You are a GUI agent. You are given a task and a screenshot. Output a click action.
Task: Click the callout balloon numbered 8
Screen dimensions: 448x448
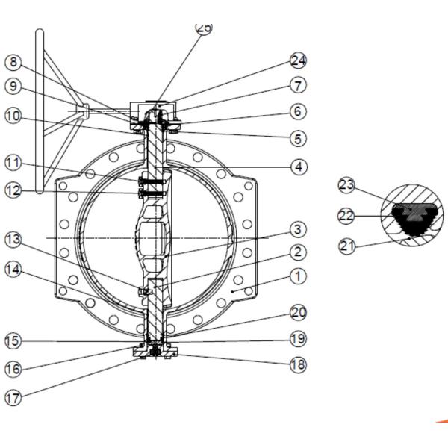[13, 62]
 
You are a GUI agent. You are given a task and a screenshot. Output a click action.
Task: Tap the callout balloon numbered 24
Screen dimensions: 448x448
[298, 60]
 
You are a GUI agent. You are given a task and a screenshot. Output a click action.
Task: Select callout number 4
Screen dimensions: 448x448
[299, 167]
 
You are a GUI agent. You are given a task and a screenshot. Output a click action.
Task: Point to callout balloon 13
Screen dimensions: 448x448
[13, 240]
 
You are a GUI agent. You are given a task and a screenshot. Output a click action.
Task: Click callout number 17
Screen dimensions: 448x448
[13, 397]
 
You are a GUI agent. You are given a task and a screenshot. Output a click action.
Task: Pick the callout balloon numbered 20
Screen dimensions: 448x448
[298, 313]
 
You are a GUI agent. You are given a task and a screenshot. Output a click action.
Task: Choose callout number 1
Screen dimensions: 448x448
[298, 276]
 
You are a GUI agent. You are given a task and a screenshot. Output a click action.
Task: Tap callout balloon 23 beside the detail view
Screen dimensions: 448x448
[346, 185]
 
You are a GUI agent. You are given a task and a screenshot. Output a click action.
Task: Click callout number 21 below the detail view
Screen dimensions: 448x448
[347, 246]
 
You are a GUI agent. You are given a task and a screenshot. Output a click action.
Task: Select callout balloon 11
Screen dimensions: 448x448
[13, 163]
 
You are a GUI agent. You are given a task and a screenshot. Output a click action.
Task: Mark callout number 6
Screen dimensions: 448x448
[298, 111]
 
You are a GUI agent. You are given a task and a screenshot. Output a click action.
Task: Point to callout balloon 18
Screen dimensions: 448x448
[298, 364]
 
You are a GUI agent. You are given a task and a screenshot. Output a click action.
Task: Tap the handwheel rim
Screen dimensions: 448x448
[40, 111]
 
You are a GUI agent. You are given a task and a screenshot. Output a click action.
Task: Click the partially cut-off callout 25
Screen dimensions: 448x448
[204, 28]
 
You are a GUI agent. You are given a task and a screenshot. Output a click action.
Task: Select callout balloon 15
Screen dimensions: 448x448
[13, 341]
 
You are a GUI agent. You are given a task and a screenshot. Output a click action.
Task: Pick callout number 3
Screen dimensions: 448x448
[298, 229]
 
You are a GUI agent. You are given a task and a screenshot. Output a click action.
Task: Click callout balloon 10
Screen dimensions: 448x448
[13, 116]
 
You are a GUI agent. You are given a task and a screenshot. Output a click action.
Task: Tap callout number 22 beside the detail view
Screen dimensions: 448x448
[346, 216]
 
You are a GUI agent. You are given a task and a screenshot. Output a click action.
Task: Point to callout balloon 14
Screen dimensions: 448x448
[13, 270]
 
